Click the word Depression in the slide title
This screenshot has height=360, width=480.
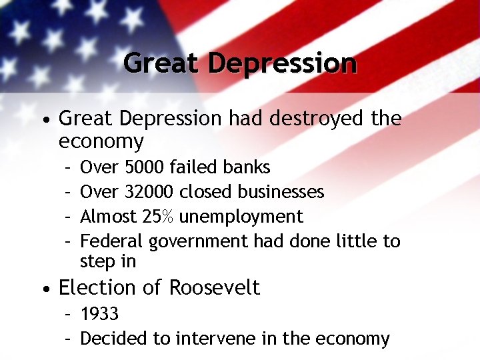click(x=282, y=63)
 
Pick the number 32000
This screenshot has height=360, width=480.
click(x=150, y=192)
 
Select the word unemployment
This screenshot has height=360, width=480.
click(x=241, y=217)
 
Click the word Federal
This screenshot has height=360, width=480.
click(x=112, y=241)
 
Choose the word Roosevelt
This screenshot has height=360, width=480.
click(x=214, y=287)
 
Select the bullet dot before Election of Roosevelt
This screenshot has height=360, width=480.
click(x=44, y=289)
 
